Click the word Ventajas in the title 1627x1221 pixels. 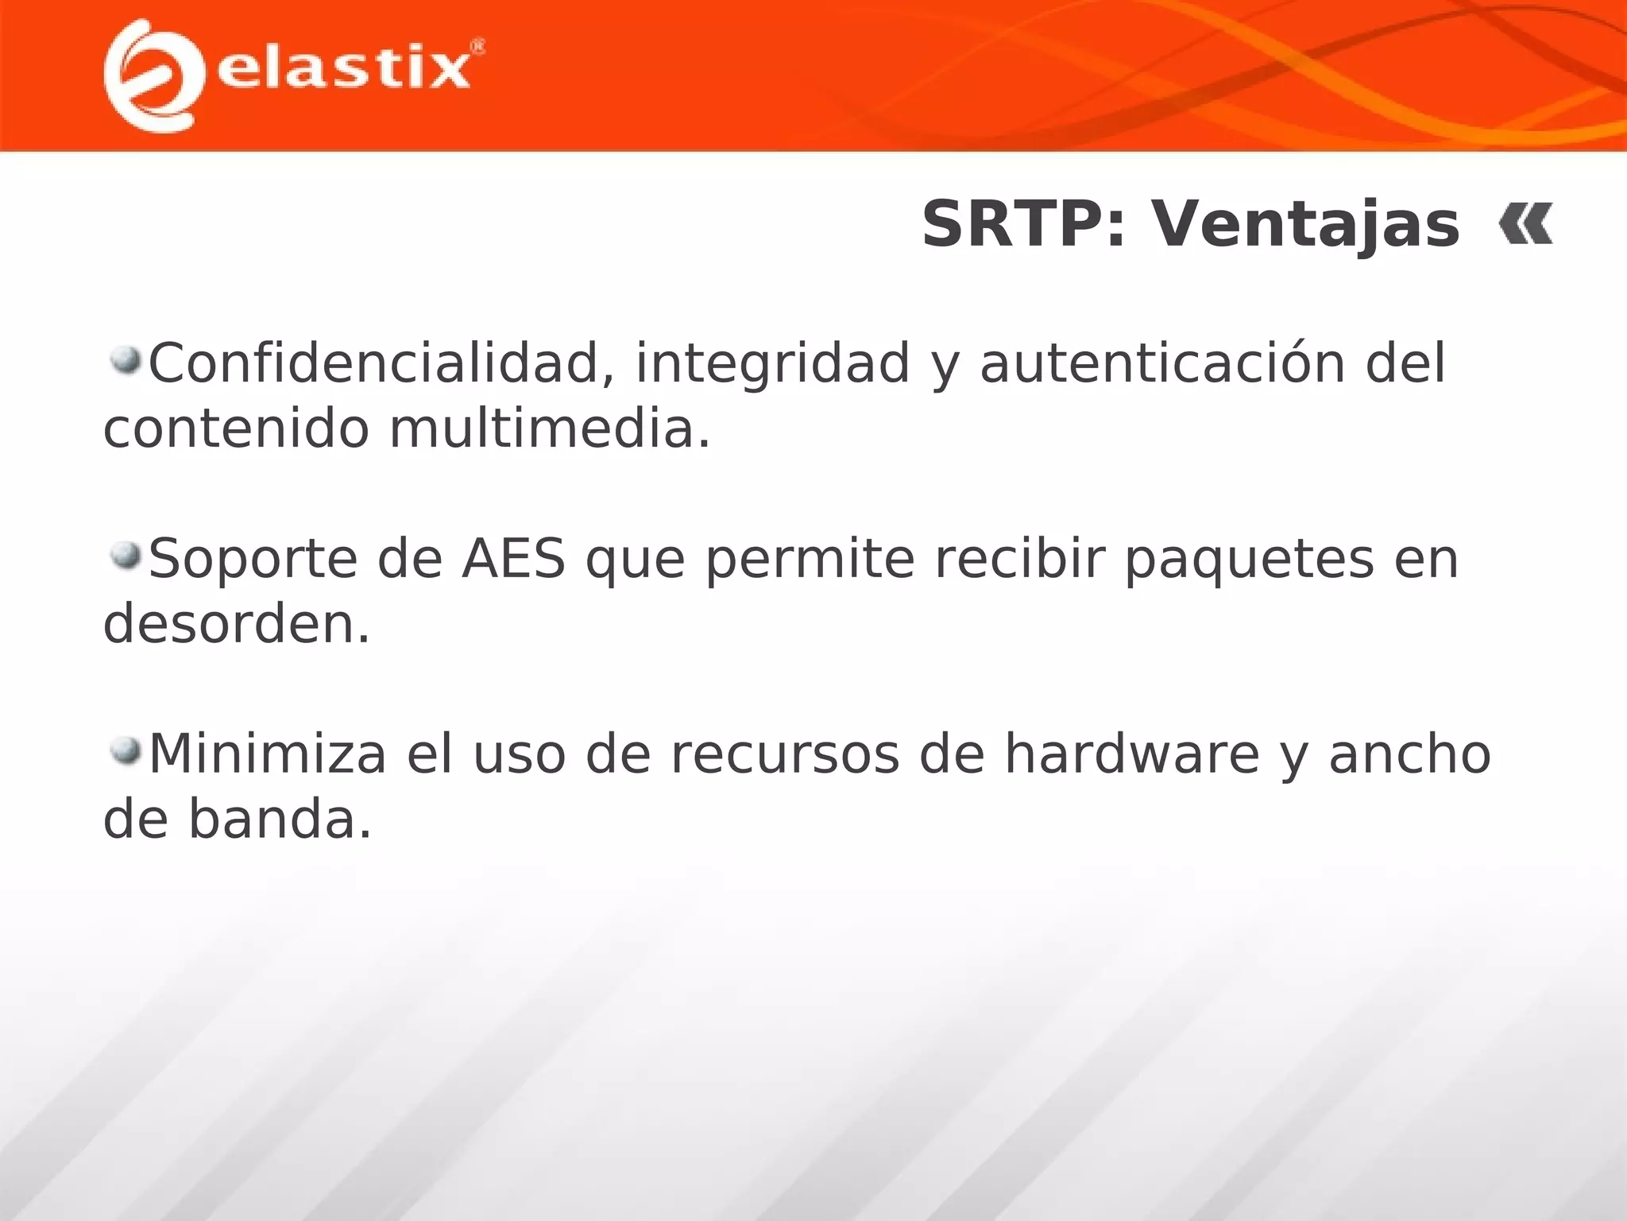(1306, 225)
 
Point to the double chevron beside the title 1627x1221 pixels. (1525, 224)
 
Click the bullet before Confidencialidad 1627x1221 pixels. (126, 361)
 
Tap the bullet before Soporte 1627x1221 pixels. (126, 556)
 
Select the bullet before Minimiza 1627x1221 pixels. (126, 750)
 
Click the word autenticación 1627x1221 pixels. (1161, 363)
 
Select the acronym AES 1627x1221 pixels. (513, 559)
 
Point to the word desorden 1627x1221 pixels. (236, 624)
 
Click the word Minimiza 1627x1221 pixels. (268, 754)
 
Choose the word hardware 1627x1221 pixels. (1131, 754)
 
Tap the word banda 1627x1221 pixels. (279, 820)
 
